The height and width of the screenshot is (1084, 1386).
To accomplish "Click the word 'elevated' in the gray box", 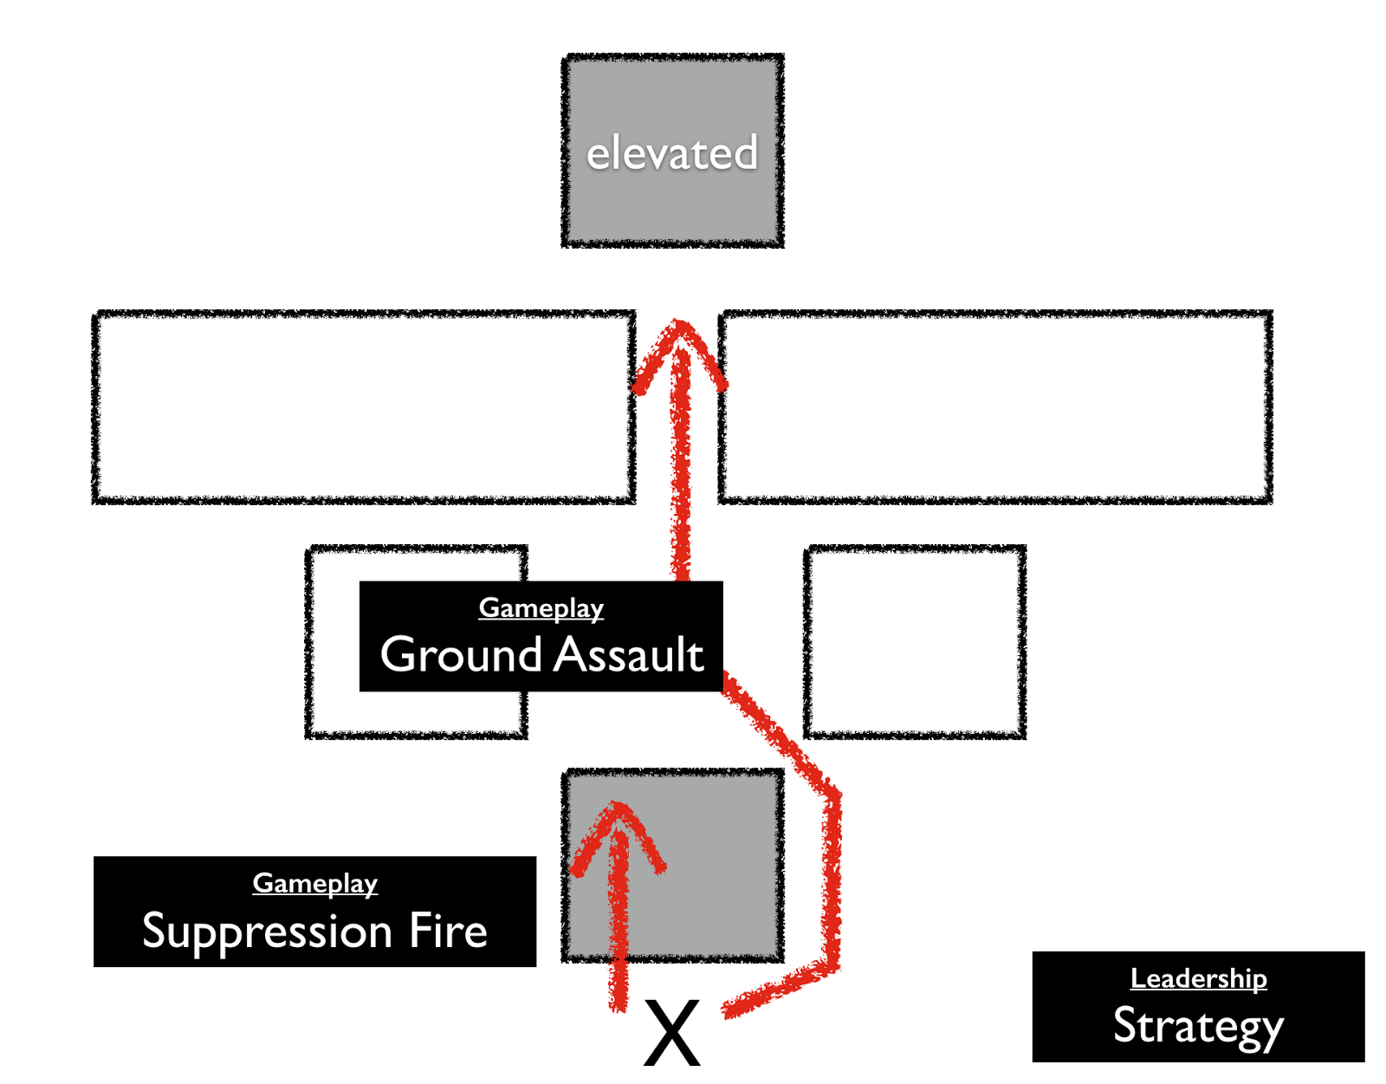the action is click(x=671, y=153).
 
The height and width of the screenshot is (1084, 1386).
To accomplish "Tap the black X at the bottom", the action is click(x=671, y=1033).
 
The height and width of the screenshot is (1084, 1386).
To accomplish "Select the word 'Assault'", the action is click(x=628, y=654).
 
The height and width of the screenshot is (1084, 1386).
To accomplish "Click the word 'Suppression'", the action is click(x=267, y=933).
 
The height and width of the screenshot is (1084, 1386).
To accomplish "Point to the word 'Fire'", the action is click(x=448, y=931).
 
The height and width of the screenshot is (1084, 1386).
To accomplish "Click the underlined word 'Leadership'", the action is click(x=1199, y=979).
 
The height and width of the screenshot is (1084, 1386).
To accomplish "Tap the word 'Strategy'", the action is click(x=1198, y=1028).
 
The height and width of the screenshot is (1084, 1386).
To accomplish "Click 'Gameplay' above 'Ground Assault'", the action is click(x=541, y=608).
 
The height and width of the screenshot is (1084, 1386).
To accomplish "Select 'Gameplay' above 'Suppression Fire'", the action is click(x=314, y=885).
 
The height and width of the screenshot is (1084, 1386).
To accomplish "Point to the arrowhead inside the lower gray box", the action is click(x=617, y=836).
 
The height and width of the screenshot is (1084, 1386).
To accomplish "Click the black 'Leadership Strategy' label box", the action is click(x=1199, y=1006).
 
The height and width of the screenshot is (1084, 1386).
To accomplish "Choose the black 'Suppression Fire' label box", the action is click(x=314, y=911).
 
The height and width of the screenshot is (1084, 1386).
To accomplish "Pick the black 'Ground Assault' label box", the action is click(x=541, y=636).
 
